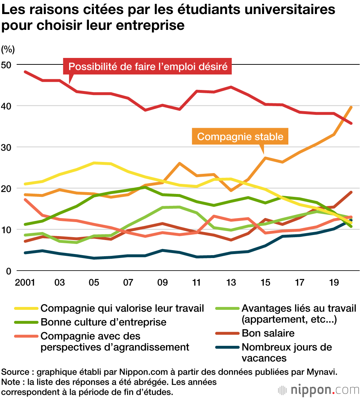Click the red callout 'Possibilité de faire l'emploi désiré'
tap(148, 67)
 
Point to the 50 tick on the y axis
tap(8, 64)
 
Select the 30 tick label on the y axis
tap(8, 147)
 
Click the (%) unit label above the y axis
tap(8, 48)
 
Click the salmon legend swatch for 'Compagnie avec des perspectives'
tap(26, 336)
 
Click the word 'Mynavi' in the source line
tap(323, 371)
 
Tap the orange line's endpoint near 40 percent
tap(351, 107)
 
